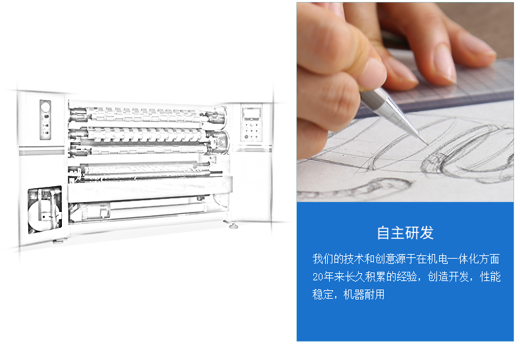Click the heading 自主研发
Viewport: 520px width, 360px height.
click(405, 233)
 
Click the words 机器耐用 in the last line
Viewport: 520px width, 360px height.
click(364, 294)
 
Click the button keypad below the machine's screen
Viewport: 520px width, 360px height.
click(250, 130)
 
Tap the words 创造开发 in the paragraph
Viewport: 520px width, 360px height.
click(448, 276)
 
